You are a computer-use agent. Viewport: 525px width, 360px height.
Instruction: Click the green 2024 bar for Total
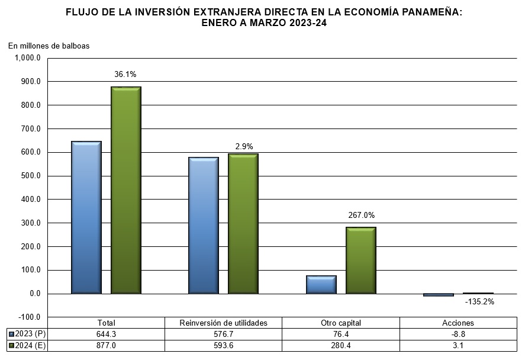125,190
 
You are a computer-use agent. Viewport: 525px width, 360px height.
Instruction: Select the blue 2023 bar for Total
86,217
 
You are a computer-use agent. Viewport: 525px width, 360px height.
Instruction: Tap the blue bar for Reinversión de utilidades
204,225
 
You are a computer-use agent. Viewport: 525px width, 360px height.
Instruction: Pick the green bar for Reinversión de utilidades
243,223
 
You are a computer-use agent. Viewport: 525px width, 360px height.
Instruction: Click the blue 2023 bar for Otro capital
321,284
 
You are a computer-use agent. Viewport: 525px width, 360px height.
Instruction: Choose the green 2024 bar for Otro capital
360,260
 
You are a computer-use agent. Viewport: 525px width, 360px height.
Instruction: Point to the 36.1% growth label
125,75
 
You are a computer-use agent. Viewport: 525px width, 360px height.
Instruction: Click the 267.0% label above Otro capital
361,216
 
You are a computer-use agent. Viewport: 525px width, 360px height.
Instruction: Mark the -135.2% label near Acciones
479,301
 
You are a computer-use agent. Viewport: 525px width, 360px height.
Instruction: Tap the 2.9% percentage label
243,146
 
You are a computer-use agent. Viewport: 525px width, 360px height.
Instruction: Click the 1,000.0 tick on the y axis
27,58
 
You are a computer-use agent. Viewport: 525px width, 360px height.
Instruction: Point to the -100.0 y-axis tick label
28,317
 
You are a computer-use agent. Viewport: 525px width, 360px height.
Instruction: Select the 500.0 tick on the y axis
28,176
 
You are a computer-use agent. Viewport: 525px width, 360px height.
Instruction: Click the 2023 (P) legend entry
27,334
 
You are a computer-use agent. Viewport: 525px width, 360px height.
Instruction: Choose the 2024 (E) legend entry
27,345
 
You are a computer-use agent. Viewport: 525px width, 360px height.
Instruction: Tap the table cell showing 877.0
107,345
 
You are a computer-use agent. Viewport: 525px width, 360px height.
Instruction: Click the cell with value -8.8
458,334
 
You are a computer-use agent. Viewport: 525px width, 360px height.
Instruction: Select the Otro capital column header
341,323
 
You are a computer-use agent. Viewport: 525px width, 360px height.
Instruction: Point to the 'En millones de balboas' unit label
49,46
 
